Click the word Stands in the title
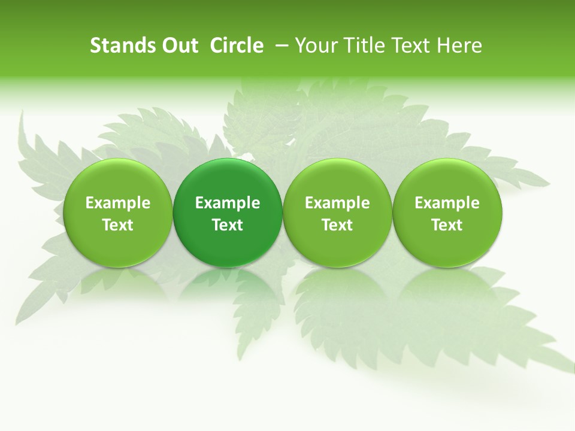pos(119,45)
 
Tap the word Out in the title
pos(178,45)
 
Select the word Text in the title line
pos(411,45)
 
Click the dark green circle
pos(228,213)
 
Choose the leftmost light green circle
pos(117,213)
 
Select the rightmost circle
pos(447,213)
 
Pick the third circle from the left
pos(337,213)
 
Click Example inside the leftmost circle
pos(117,203)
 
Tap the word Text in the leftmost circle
pos(117,225)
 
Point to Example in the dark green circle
pos(228,203)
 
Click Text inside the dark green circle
pos(228,225)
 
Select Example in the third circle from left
pos(337,203)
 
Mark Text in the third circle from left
pos(337,225)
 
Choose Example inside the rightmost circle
pos(447,203)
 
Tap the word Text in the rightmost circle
pos(447,225)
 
